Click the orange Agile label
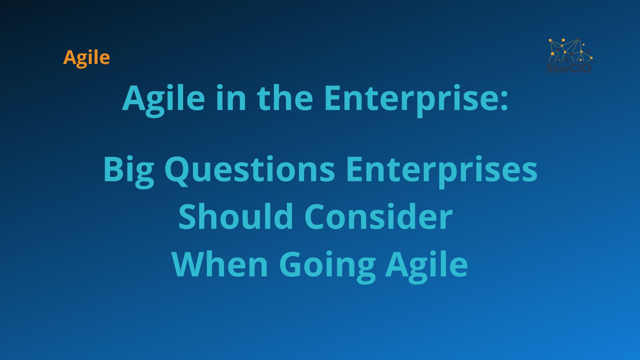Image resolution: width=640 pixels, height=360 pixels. [x=86, y=58]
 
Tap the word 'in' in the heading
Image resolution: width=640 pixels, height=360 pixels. [x=231, y=98]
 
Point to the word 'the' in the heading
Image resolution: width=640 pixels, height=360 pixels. [x=285, y=98]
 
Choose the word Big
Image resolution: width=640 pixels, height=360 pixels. [x=128, y=172]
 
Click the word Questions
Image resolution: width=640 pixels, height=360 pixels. [x=250, y=171]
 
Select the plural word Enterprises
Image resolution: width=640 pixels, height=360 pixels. [x=442, y=172]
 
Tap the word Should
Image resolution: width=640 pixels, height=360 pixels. [x=236, y=216]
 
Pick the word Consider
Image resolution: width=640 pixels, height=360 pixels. [x=379, y=216]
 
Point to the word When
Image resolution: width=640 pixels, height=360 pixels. [x=220, y=264]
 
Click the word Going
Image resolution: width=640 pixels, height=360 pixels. [x=327, y=267]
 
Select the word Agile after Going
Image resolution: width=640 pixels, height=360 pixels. [x=426, y=267]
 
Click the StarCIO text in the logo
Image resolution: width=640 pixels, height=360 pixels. [x=569, y=68]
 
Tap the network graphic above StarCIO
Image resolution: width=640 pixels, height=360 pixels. [x=570, y=50]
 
